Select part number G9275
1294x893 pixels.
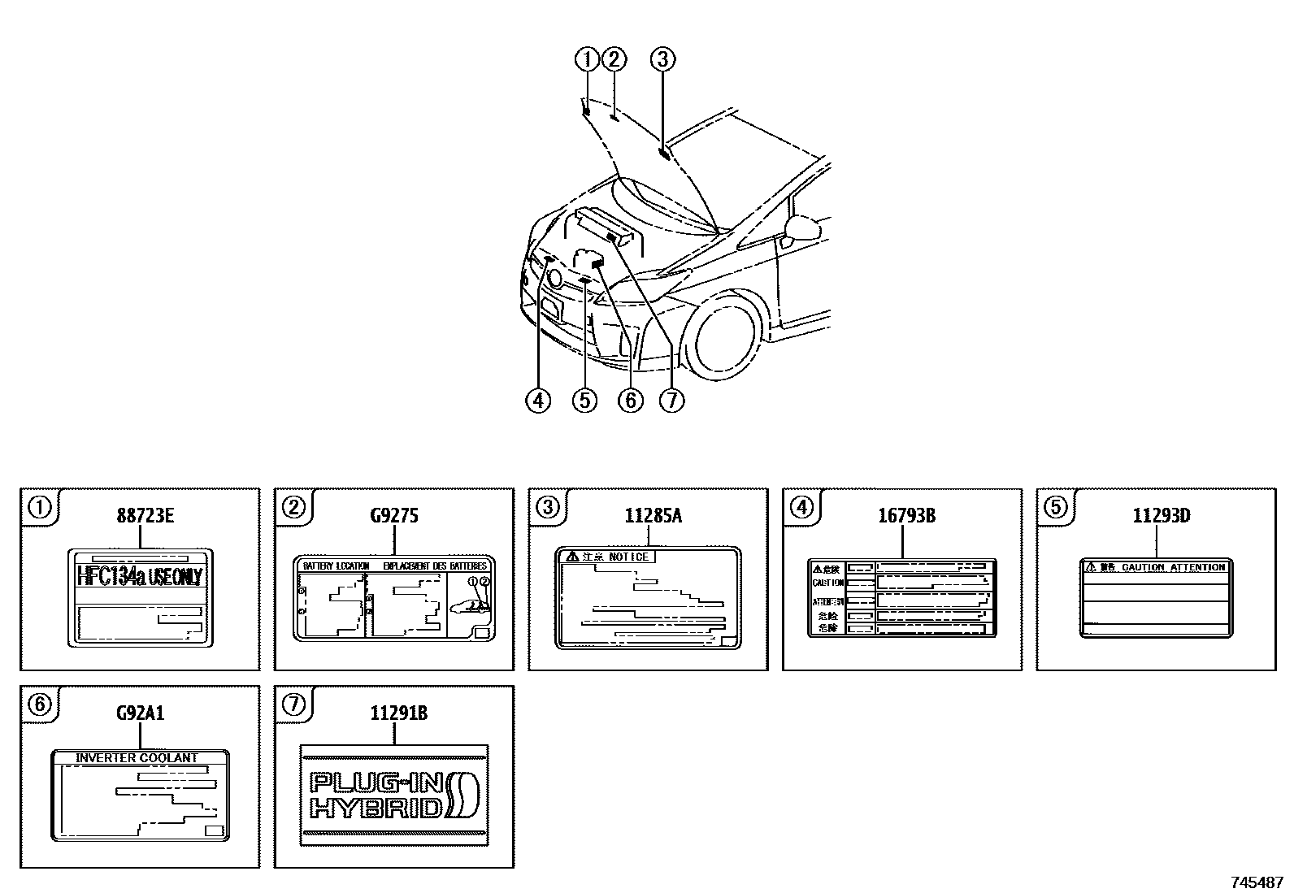(x=394, y=515)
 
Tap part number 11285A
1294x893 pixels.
(x=648, y=515)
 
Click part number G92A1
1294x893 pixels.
(x=140, y=713)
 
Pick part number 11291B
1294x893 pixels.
(x=394, y=713)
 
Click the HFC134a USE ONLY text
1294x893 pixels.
(x=139, y=576)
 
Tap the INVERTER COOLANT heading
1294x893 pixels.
(x=137, y=757)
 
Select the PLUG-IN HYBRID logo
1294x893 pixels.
(x=394, y=795)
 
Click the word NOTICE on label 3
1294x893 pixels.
(x=629, y=557)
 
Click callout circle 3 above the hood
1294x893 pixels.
(x=662, y=59)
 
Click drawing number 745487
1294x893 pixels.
(x=1257, y=882)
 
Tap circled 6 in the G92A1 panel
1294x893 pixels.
(x=39, y=704)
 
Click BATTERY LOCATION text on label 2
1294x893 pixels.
(x=336, y=566)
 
